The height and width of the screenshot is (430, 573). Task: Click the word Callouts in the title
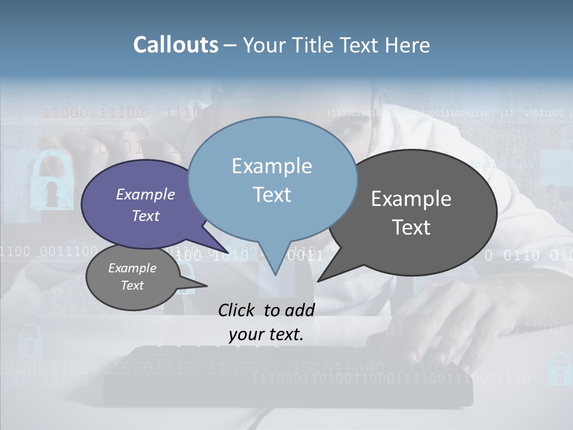(175, 45)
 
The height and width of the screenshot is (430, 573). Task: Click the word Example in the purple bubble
(146, 195)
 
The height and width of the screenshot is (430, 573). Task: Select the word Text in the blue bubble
(272, 195)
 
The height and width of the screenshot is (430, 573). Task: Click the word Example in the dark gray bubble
(411, 199)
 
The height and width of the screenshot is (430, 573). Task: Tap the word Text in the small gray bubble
(133, 285)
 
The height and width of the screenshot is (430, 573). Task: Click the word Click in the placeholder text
(236, 310)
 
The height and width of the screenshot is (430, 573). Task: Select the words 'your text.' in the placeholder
(266, 334)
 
